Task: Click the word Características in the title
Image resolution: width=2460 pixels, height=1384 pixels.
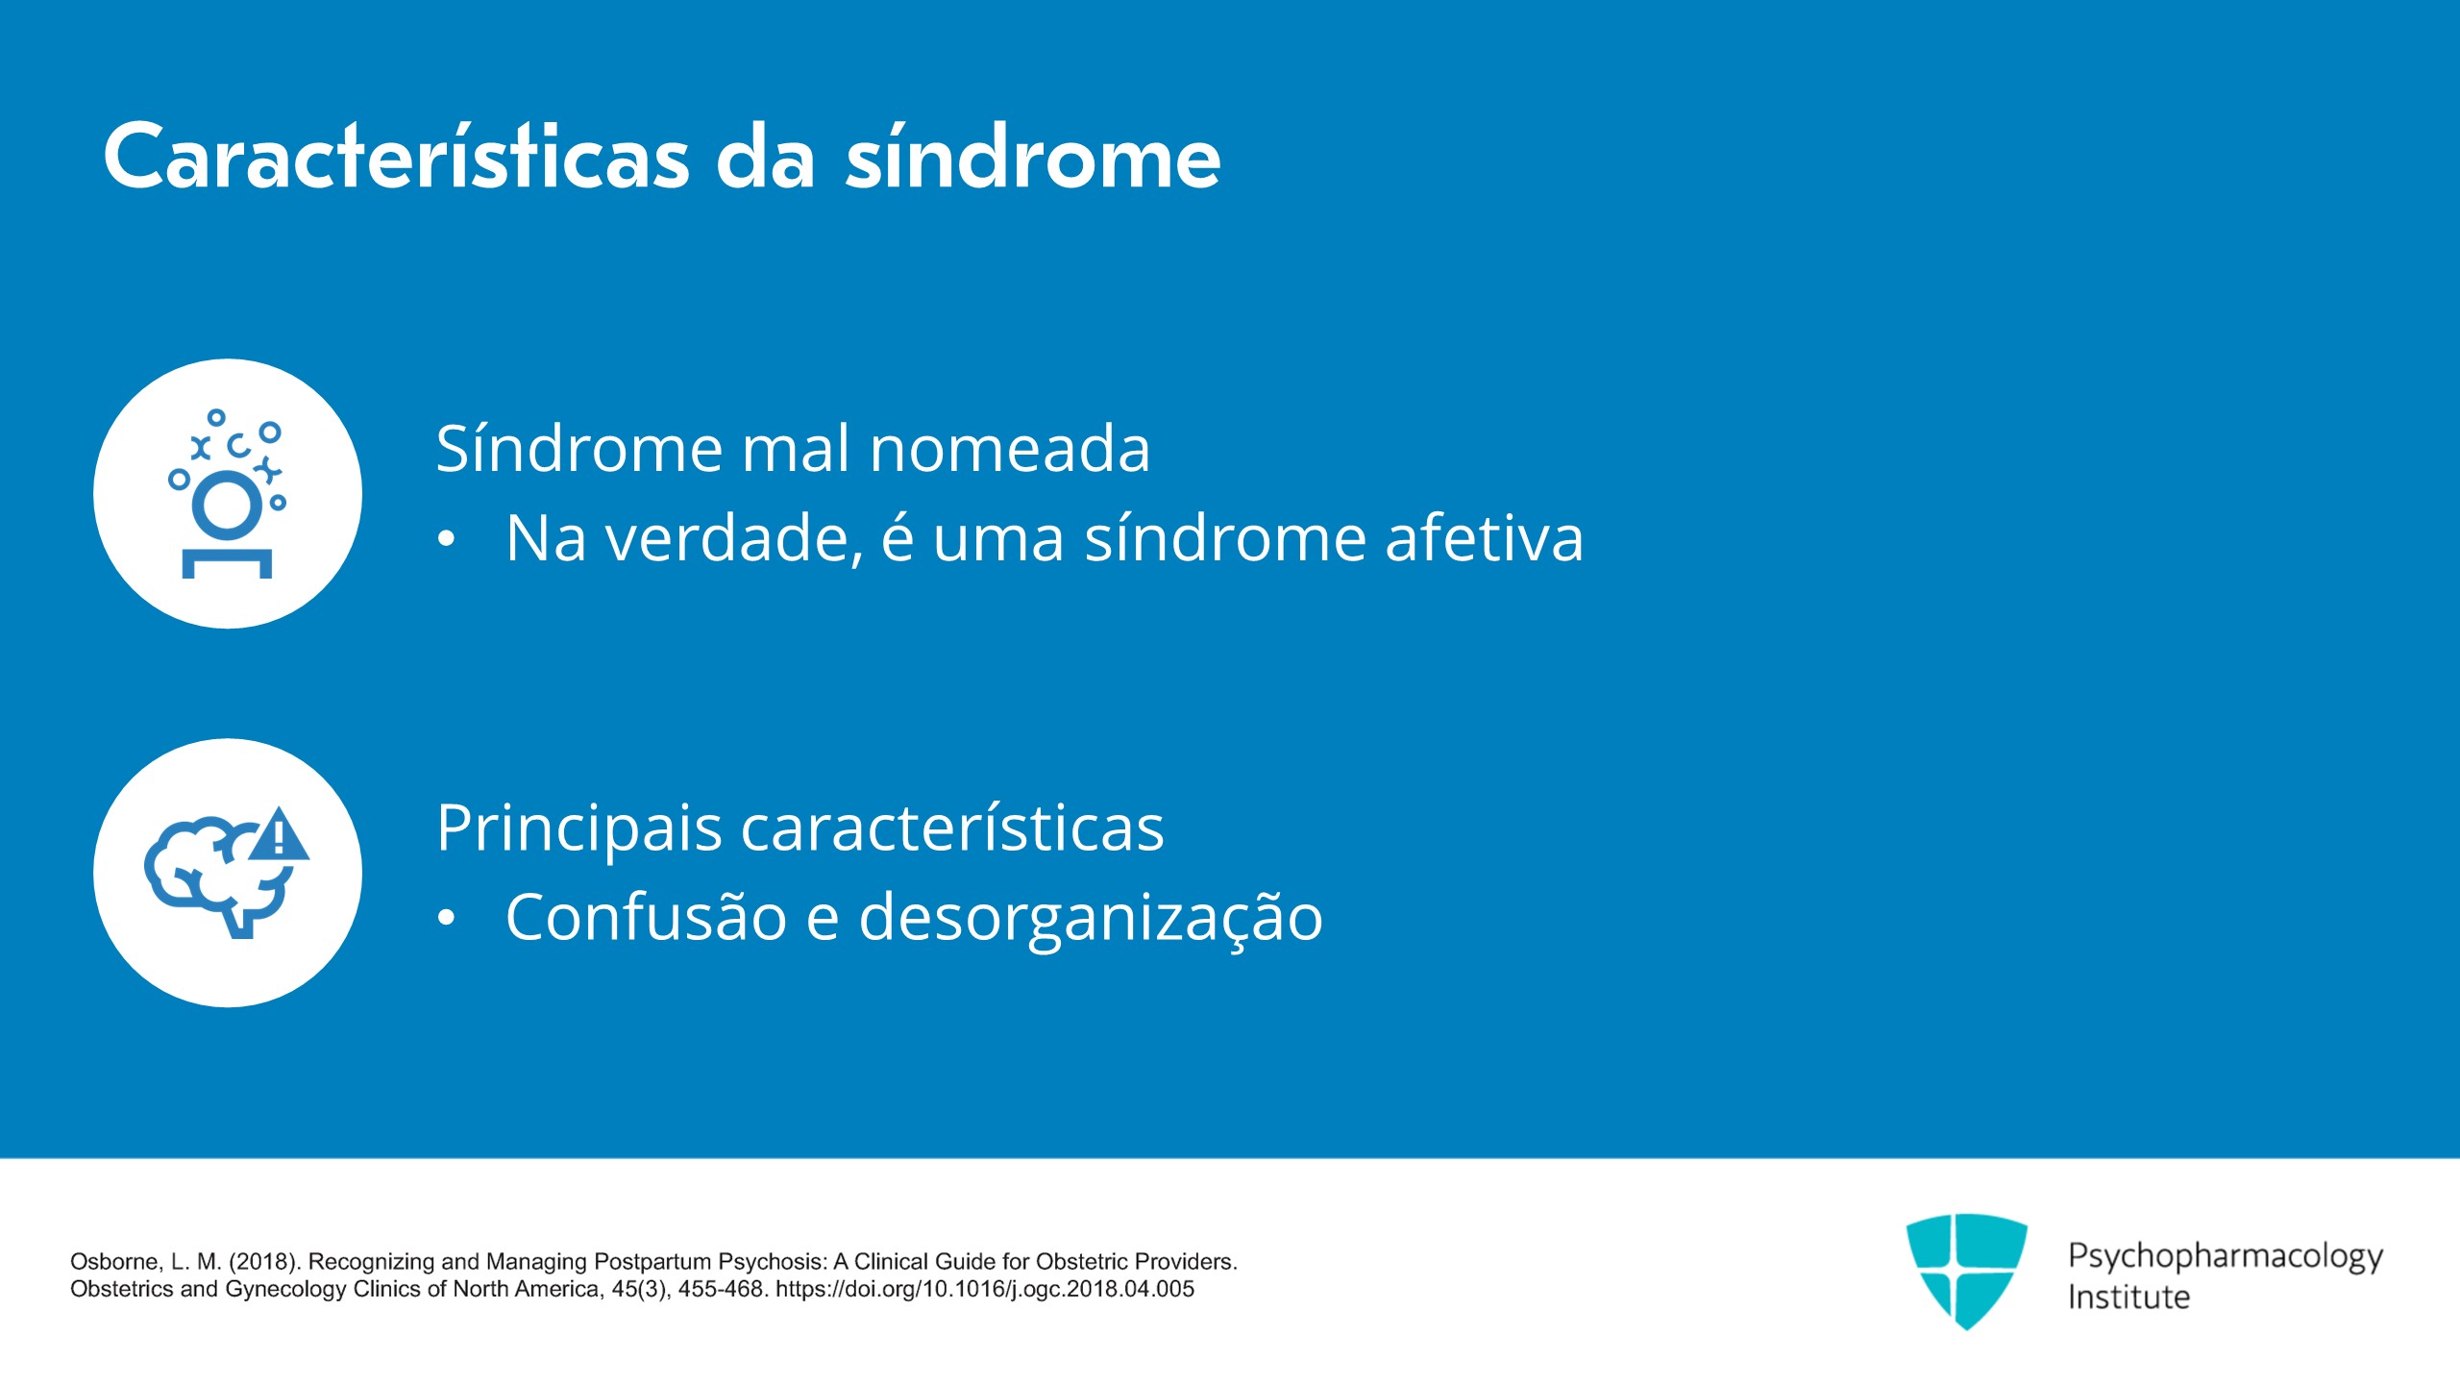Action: pos(397,156)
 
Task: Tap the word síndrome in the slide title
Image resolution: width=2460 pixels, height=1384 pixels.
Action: pos(1033,156)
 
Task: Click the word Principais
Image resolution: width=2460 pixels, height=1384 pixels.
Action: pos(579,828)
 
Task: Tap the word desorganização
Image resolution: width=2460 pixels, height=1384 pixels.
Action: pos(1091,918)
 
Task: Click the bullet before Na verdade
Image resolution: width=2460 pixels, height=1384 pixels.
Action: pos(446,539)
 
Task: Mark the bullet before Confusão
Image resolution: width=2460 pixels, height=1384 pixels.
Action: pos(446,918)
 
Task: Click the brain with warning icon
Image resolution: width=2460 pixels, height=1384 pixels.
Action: pos(228,873)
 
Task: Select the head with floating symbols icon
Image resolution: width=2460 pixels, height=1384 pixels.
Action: pos(228,494)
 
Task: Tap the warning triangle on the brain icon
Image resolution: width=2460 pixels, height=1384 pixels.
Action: pos(279,834)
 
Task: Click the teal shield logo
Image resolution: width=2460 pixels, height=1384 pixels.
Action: pos(1967,1272)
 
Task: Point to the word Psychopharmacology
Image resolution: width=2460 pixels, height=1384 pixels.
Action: pos(2226,1256)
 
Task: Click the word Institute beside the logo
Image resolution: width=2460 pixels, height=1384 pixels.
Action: pos(2128,1297)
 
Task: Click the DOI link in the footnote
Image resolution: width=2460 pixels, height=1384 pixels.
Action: pos(985,1289)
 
